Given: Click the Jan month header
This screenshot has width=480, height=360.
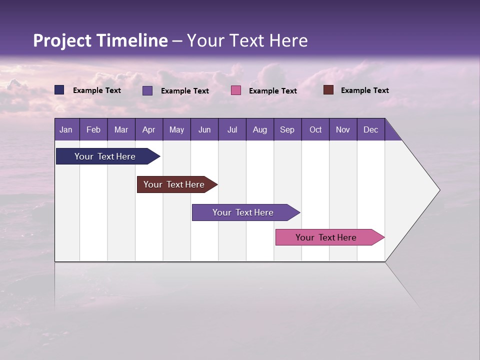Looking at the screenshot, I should (66, 129).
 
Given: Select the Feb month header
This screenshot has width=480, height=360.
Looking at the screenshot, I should (93, 129).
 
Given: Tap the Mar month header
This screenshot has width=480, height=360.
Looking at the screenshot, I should (121, 129).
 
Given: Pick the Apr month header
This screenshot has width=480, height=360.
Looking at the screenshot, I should (149, 129).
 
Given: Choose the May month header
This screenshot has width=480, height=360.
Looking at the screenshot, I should (176, 129).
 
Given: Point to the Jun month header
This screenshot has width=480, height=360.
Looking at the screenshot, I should (204, 129).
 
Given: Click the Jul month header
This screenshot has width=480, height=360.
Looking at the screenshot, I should (232, 129).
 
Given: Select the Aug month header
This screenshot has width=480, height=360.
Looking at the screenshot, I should (260, 129).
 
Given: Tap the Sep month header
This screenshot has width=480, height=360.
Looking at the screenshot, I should (287, 129).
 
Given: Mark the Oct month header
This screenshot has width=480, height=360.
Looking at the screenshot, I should (315, 129).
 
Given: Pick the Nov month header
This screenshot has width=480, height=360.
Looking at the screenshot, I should (343, 129).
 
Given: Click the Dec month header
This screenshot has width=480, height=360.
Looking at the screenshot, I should (371, 129).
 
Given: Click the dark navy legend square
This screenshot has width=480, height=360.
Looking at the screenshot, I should (59, 90).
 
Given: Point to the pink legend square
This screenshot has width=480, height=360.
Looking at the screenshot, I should (236, 90).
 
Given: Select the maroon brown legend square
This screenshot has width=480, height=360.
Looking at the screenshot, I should (328, 90).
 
